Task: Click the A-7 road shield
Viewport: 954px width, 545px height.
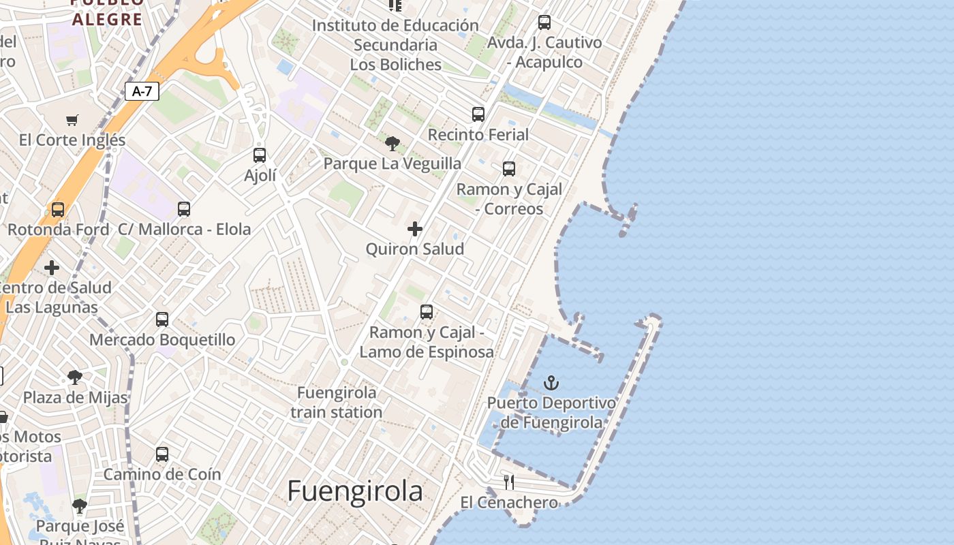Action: click(x=142, y=91)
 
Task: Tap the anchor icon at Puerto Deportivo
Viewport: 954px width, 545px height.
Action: click(x=551, y=383)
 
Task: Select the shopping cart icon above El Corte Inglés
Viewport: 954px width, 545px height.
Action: click(x=72, y=121)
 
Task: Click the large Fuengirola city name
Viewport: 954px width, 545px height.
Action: click(x=355, y=490)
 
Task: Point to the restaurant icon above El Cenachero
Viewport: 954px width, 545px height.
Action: click(x=509, y=482)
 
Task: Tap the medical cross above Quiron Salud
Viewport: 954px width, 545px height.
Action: click(x=415, y=229)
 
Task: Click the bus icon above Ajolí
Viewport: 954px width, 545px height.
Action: click(x=260, y=155)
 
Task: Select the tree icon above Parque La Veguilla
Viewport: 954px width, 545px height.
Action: click(x=392, y=143)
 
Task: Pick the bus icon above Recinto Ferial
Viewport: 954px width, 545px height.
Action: click(x=478, y=114)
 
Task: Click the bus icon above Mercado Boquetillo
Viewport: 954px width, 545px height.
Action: click(x=162, y=320)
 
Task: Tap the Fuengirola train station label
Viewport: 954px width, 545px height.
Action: click(x=337, y=403)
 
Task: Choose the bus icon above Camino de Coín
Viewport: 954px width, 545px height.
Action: click(x=162, y=454)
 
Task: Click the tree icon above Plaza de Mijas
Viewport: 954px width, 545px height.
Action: click(x=75, y=377)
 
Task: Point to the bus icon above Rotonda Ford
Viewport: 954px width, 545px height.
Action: click(x=58, y=210)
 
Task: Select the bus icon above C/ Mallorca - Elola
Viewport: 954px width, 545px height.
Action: click(x=184, y=209)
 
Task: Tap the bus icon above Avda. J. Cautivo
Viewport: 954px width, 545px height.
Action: click(x=544, y=22)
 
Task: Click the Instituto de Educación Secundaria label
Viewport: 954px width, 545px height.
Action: click(x=396, y=45)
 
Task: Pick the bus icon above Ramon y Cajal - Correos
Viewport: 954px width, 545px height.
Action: click(x=509, y=169)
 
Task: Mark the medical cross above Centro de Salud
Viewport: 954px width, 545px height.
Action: click(x=52, y=268)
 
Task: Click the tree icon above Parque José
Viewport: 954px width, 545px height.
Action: click(x=80, y=506)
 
